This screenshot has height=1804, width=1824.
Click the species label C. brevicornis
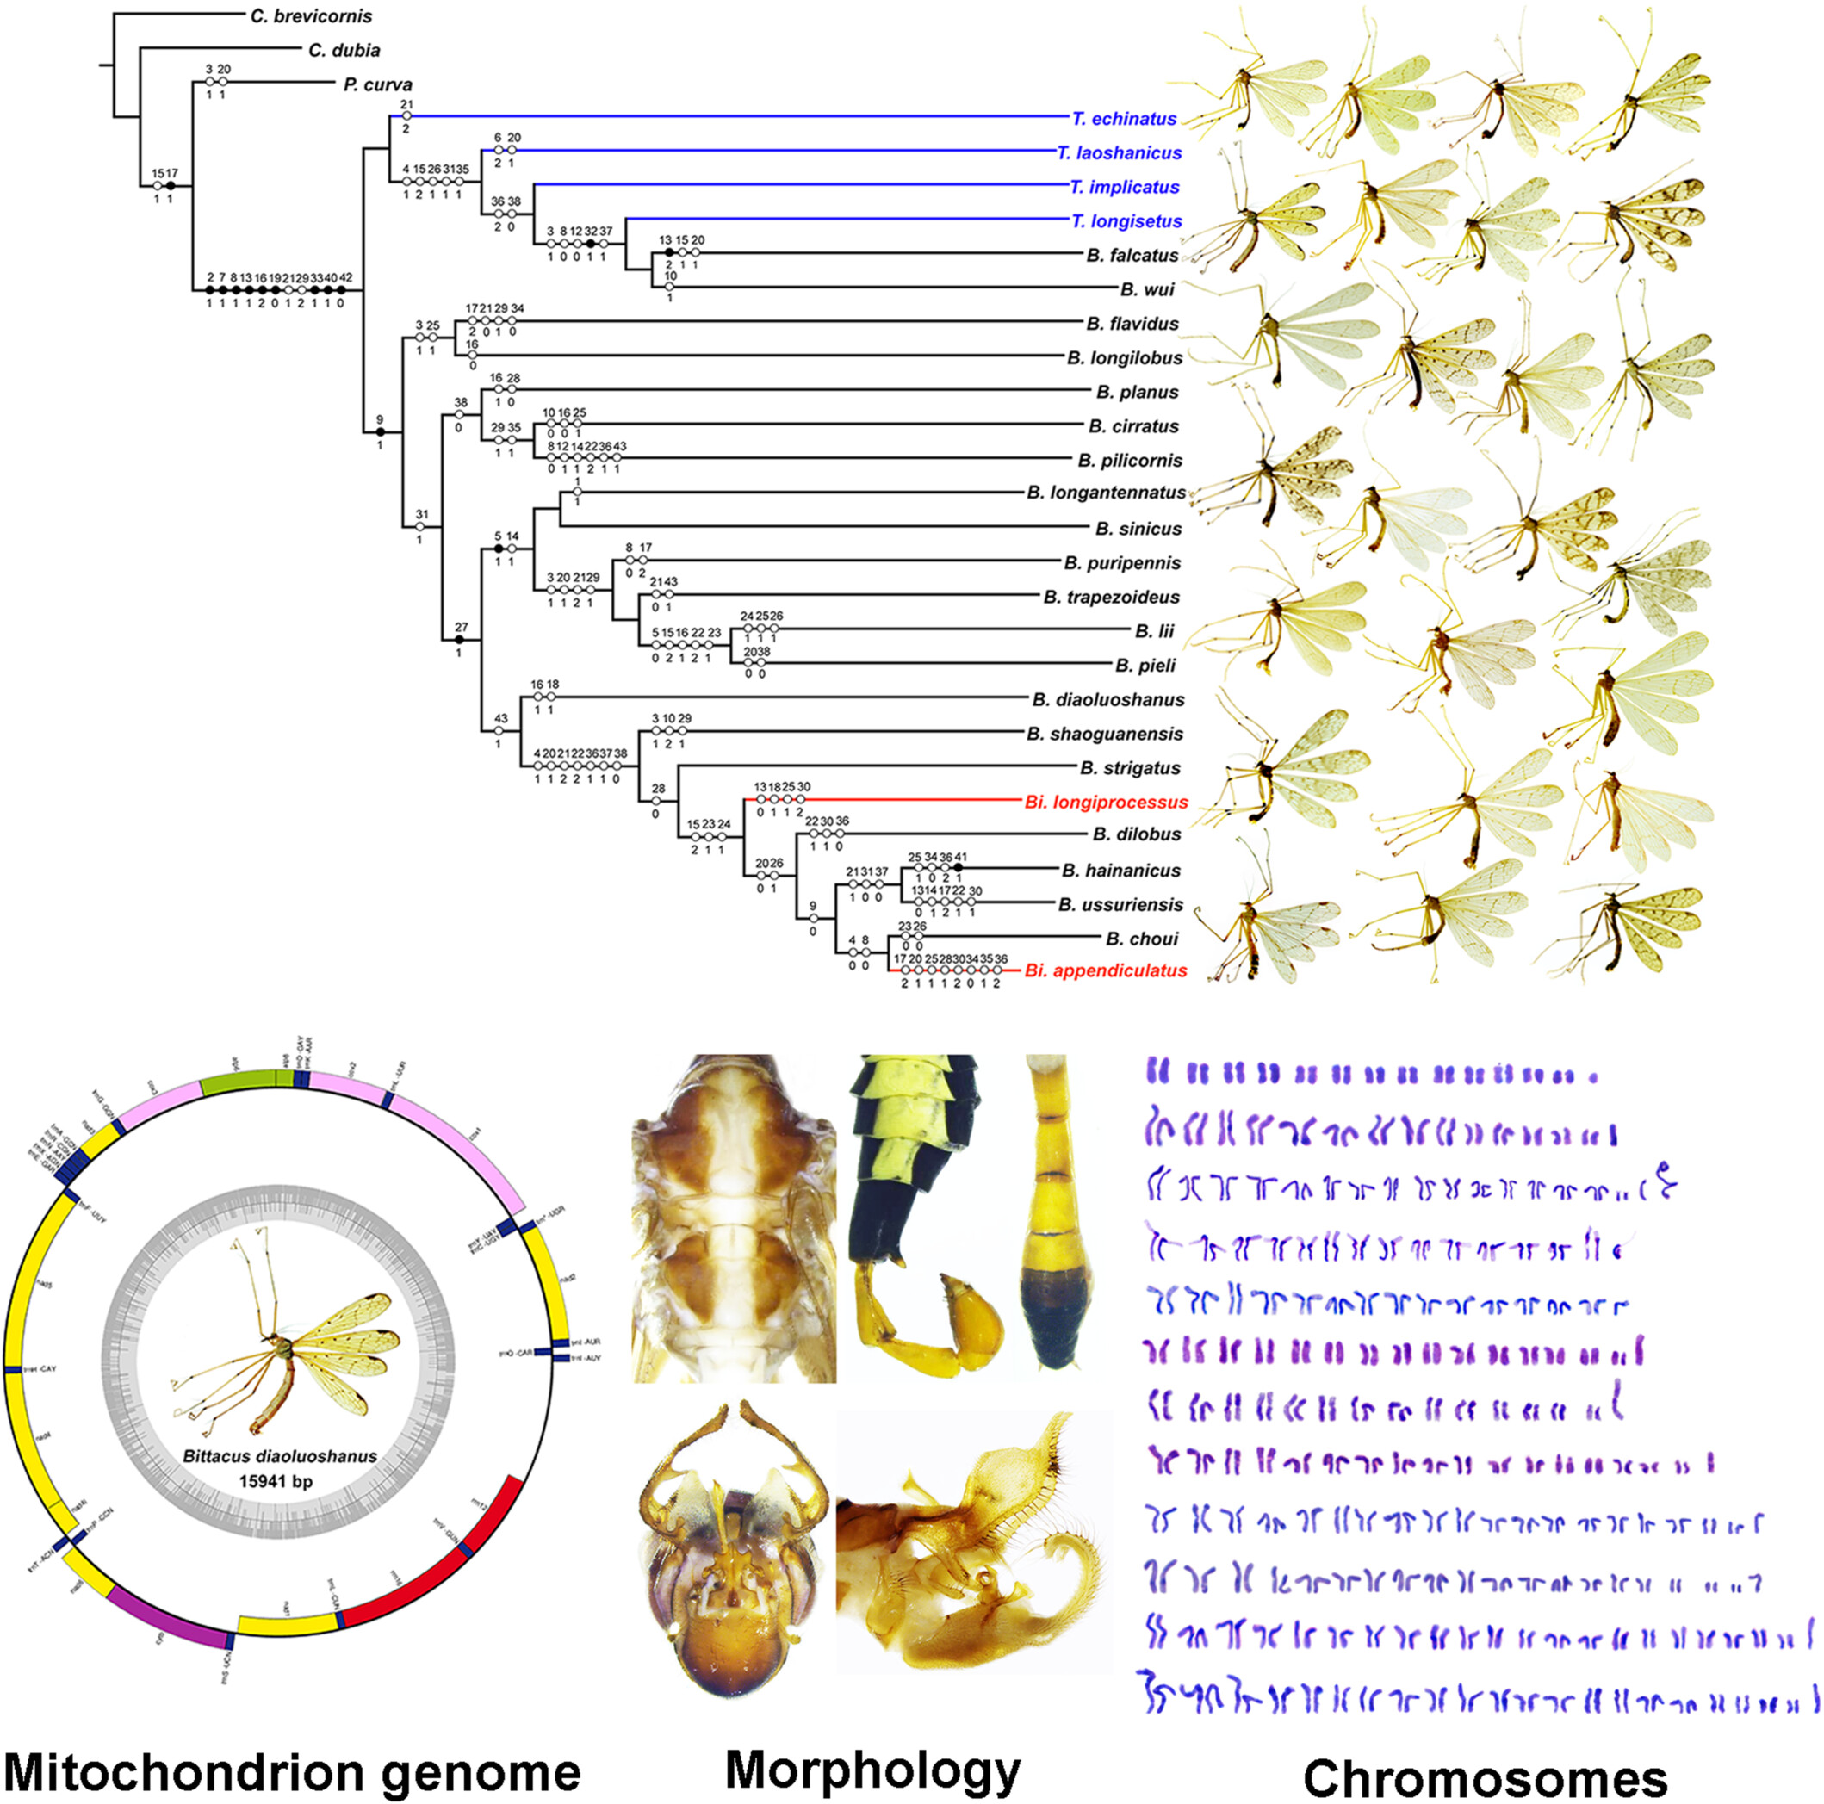(311, 17)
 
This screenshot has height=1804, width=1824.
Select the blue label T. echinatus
(1125, 119)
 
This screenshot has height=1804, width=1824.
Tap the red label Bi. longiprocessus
(1106, 803)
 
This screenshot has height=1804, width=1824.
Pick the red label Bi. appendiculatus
(1106, 970)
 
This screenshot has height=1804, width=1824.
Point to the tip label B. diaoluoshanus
(1107, 699)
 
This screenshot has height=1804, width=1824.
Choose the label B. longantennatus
(1106, 493)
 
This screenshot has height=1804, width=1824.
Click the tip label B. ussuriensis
(1120, 904)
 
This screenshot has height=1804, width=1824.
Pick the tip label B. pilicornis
(1129, 461)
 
